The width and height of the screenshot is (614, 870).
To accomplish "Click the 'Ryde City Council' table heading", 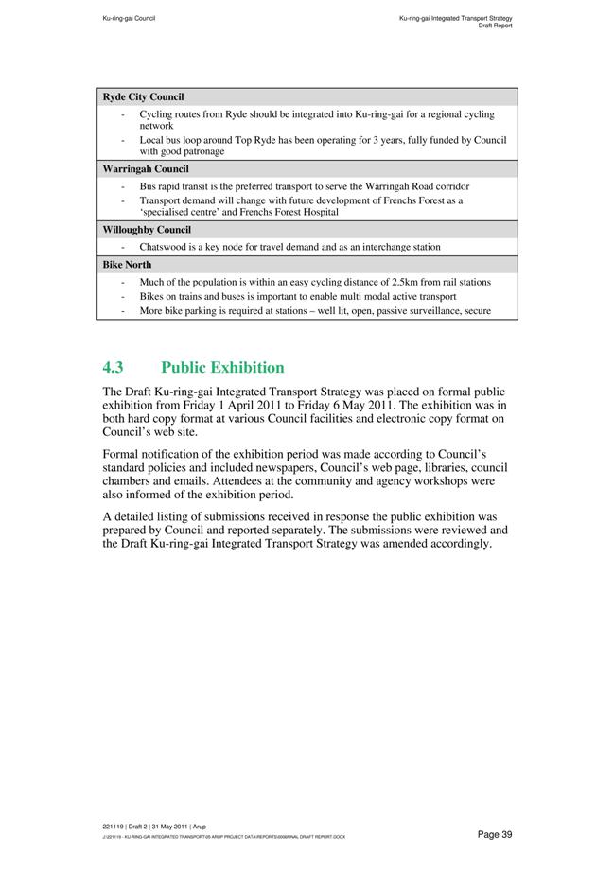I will point(143,97).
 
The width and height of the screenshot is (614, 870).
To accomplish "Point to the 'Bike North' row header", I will point(127,265).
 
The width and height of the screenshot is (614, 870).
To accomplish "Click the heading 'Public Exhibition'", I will point(222,368).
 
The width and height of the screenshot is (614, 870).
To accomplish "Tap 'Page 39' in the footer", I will point(495,834).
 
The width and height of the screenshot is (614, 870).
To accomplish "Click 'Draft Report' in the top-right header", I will point(496,26).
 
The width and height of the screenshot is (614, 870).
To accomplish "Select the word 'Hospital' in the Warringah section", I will point(317,212).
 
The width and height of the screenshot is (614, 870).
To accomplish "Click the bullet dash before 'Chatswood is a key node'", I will point(125,247).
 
